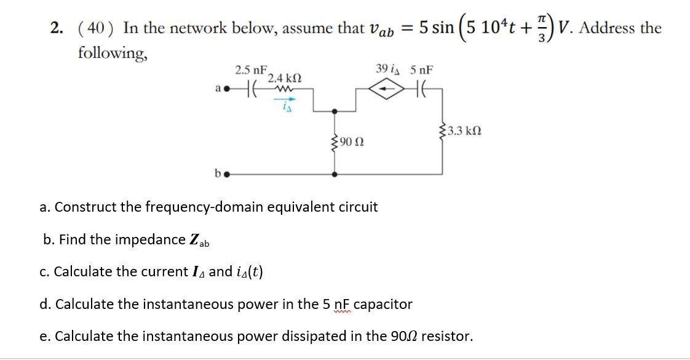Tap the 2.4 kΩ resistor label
[284, 78]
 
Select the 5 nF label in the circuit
[422, 70]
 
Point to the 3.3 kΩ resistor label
[465, 130]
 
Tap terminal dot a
[226, 89]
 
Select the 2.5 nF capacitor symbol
[251, 89]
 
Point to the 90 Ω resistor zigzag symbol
[334, 143]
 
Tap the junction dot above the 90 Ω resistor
[334, 111]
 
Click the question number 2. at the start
[58, 28]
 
